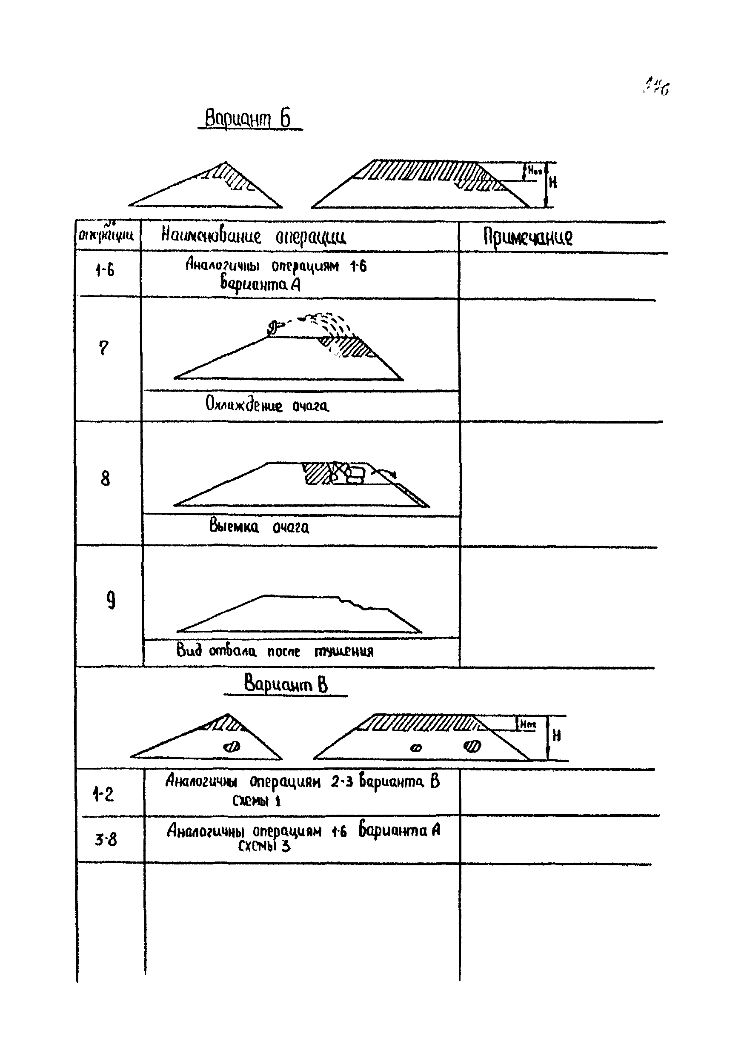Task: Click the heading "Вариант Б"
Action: tap(248, 119)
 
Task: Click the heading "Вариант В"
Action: tap(286, 683)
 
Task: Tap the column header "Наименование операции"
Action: tap(253, 236)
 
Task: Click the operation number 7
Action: tap(104, 348)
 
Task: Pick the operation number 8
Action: tap(105, 479)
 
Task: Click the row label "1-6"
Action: tap(104, 269)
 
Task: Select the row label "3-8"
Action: tap(106, 840)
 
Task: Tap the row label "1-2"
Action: tap(103, 794)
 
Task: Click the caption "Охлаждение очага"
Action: tap(267, 405)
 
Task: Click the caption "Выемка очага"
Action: tap(259, 526)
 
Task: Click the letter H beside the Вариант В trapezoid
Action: tap(556, 736)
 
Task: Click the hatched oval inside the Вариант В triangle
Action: tap(231, 747)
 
